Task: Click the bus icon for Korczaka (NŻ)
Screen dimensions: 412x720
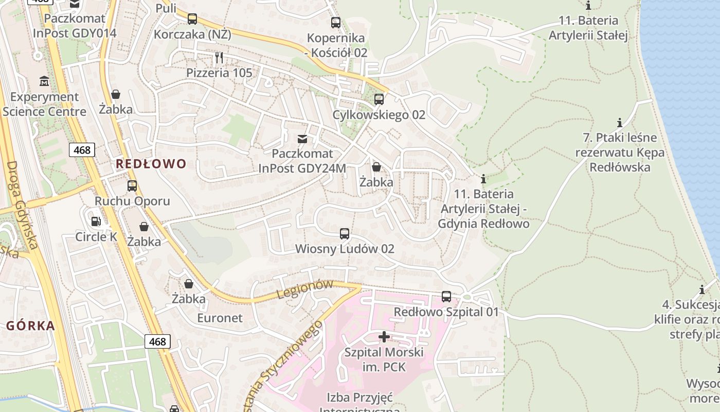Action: coord(192,19)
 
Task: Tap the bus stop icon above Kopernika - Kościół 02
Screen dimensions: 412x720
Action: coord(335,22)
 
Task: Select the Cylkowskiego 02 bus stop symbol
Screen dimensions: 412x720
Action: coord(379,99)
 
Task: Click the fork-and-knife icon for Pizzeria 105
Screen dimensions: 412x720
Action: coord(219,57)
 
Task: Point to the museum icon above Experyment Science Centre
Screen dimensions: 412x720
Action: coord(44,81)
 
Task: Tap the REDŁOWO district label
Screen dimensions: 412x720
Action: coord(151,164)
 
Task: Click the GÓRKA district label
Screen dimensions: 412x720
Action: coord(30,325)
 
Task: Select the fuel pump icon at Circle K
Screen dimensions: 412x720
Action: coord(96,221)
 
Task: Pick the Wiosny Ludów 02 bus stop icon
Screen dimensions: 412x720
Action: coord(345,234)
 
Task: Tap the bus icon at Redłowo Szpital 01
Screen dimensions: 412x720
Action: coord(446,297)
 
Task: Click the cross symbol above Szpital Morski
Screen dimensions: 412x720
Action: coord(384,337)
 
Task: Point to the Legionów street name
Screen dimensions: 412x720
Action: coord(305,289)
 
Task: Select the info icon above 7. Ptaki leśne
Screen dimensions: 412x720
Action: coord(620,123)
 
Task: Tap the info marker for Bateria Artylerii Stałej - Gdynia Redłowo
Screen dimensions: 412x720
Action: coord(483,179)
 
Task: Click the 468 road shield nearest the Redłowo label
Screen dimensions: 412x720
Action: coord(82,150)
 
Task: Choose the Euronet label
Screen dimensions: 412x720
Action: coord(220,318)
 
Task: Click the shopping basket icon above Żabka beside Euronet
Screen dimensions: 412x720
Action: coord(189,284)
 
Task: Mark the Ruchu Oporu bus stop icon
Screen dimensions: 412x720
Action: coord(132,186)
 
